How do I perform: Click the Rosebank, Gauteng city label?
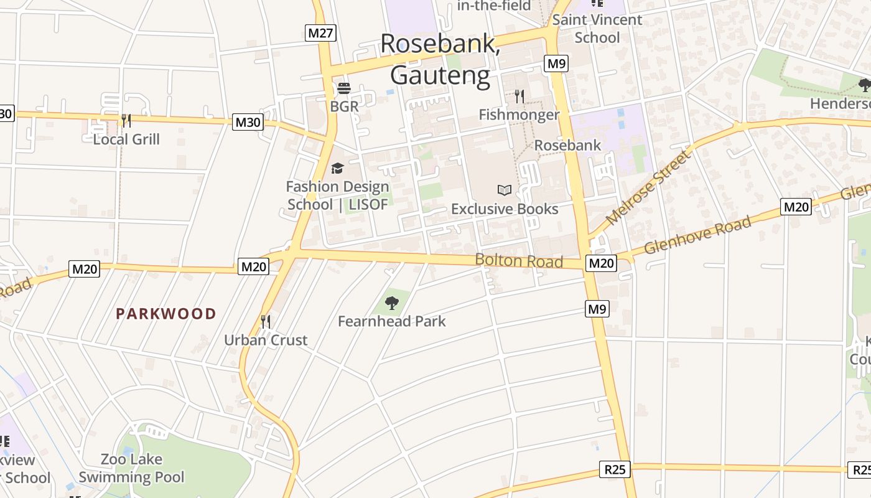tap(440, 59)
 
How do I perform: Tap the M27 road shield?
tap(321, 33)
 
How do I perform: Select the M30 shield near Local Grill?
tap(248, 122)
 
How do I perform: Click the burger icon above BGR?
tap(344, 88)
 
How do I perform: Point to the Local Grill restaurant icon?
tap(126, 121)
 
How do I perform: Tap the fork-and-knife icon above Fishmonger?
tap(519, 96)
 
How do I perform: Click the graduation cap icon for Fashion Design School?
tap(337, 168)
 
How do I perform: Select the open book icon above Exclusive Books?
tap(505, 190)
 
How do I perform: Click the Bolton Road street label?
tap(519, 260)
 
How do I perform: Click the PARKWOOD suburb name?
tap(166, 314)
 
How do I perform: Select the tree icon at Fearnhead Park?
tap(392, 303)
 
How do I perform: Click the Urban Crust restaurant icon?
tap(266, 322)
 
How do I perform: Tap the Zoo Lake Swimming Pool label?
tap(132, 469)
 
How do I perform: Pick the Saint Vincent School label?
tap(597, 29)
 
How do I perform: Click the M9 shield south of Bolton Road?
tap(597, 308)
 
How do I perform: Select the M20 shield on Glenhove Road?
tap(796, 207)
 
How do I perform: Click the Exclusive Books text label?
tap(505, 209)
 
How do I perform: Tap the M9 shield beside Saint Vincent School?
tap(556, 63)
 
